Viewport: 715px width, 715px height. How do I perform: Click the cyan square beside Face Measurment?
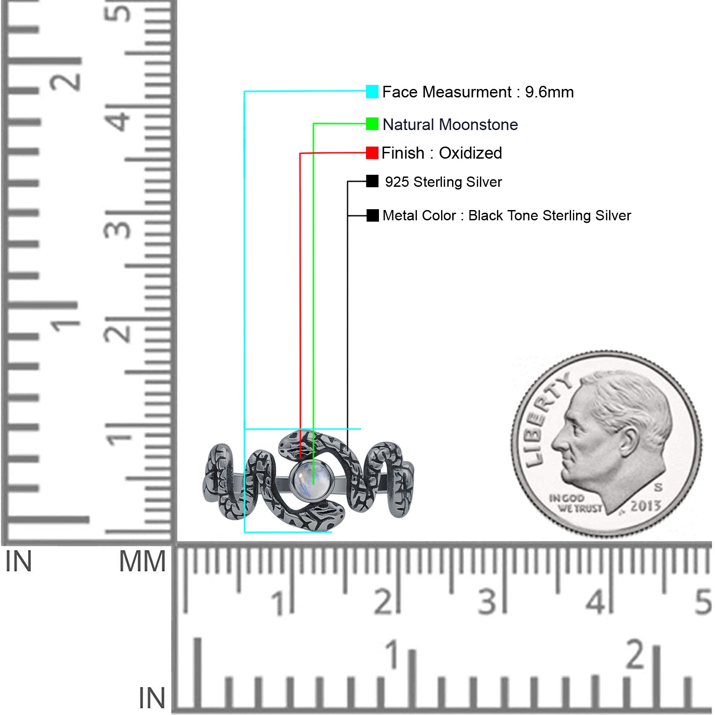(x=372, y=92)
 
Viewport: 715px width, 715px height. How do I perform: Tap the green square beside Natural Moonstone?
(x=372, y=124)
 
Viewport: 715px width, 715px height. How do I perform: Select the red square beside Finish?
(x=372, y=153)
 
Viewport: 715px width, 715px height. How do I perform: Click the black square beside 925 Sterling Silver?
(x=372, y=181)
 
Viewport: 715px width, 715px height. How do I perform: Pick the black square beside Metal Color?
(x=372, y=215)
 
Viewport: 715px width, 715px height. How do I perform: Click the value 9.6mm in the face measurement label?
(x=549, y=92)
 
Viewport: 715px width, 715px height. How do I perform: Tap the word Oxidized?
(x=470, y=153)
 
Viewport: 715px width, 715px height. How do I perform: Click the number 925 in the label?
(x=397, y=182)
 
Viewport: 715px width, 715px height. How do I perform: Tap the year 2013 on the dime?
(x=645, y=506)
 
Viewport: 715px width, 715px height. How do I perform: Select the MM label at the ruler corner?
(x=142, y=561)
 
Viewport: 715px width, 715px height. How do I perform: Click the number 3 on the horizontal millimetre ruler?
(x=487, y=602)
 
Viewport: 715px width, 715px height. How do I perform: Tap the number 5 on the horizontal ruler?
(x=703, y=602)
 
